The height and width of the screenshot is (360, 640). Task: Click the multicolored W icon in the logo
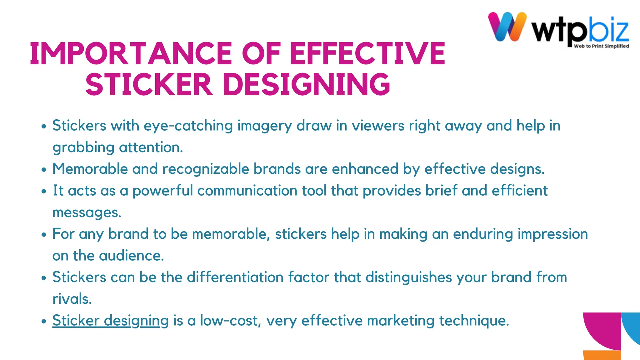tap(507, 27)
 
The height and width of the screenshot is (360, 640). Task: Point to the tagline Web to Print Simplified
tap(601, 46)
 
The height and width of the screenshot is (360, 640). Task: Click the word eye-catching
tap(188, 126)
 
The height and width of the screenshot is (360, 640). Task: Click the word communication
tap(247, 191)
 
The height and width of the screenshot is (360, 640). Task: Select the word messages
tap(87, 213)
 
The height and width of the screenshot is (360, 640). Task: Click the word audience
tap(131, 256)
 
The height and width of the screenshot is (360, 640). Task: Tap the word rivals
tap(72, 299)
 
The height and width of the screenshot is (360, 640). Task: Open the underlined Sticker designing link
tap(110, 321)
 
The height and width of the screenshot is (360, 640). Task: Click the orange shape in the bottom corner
tap(602, 355)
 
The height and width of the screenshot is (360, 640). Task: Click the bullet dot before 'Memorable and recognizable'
tap(44, 170)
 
